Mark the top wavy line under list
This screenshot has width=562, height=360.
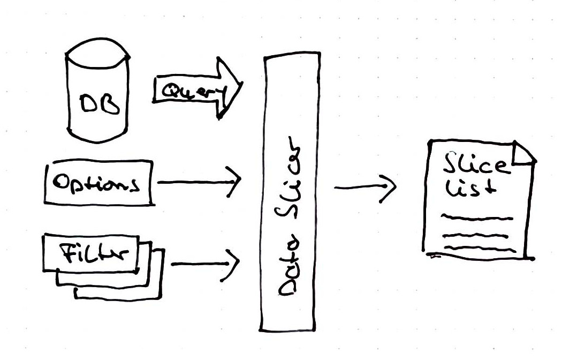[476, 218]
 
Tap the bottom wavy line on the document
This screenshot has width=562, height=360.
[480, 249]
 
